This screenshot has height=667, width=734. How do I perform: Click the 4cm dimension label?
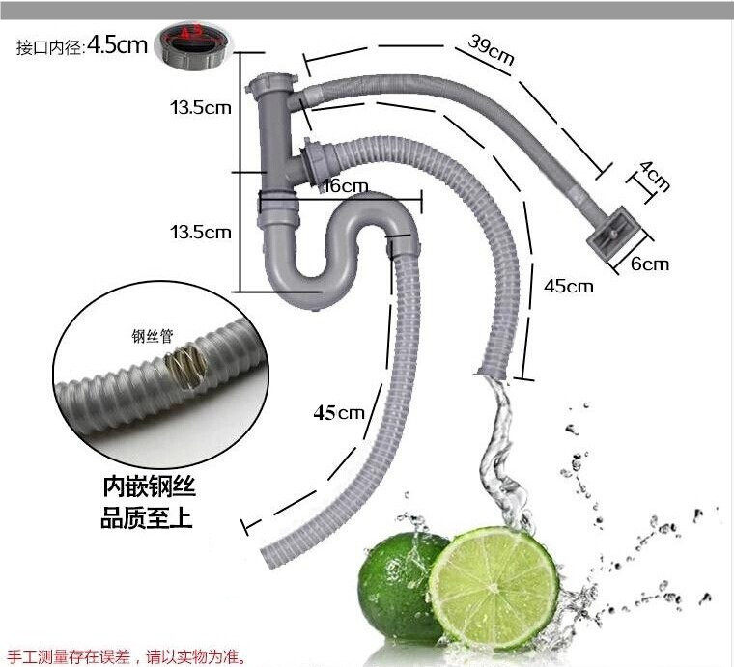(x=655, y=177)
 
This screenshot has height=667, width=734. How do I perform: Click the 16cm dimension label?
(x=345, y=186)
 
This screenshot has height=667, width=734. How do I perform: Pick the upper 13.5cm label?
(x=201, y=107)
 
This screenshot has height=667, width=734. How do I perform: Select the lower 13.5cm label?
(x=201, y=232)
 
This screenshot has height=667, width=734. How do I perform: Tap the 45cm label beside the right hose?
(x=568, y=286)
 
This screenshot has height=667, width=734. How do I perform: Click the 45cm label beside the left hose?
(x=338, y=412)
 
